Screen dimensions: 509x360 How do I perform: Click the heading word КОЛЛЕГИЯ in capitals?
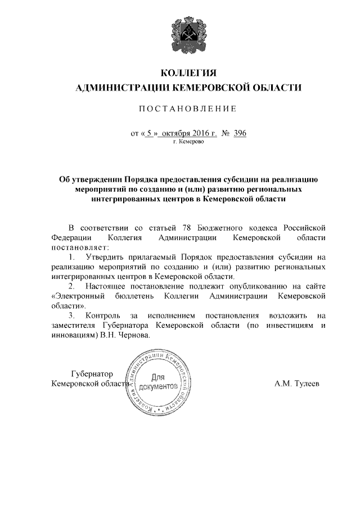pos(188,73)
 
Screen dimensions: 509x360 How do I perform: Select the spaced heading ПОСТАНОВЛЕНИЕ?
pos(188,108)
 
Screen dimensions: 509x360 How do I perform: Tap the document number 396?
pos(240,133)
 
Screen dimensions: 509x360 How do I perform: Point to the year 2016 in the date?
pos(193,133)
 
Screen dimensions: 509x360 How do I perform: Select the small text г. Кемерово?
pos(188,142)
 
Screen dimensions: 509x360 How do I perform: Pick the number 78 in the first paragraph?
pos(188,227)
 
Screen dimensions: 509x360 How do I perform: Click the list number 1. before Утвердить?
pos(73,257)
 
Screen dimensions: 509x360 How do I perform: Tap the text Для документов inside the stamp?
pos(161,382)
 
